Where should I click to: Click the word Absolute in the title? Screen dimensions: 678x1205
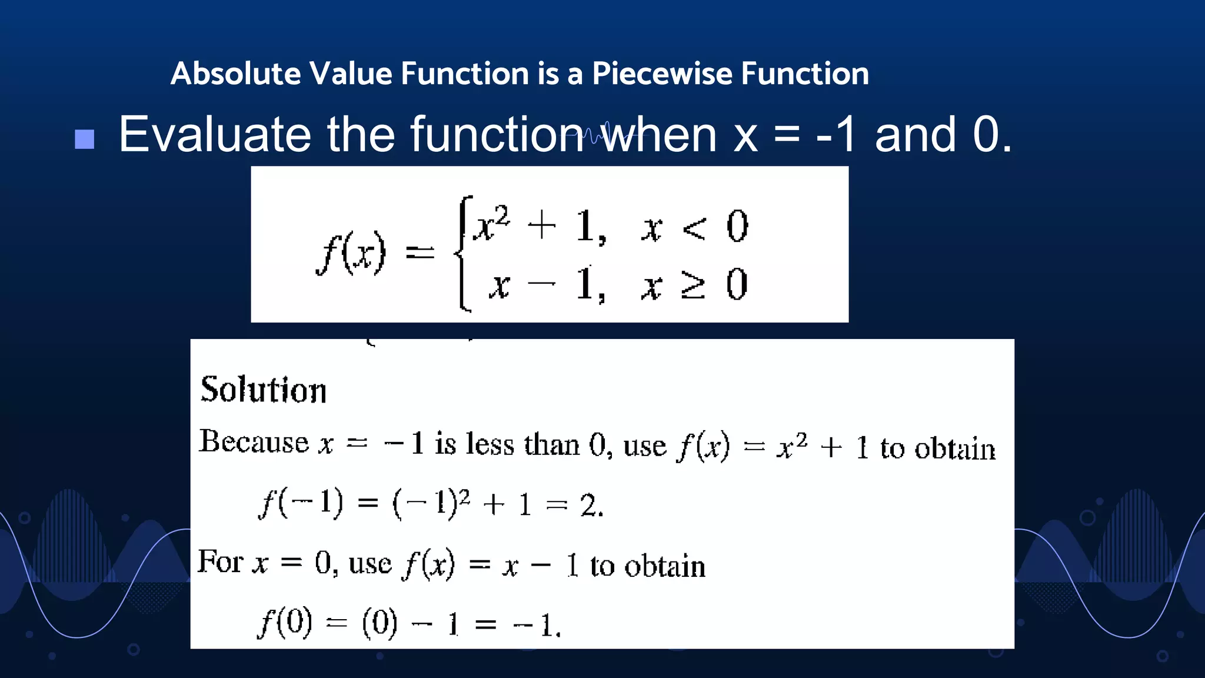click(x=236, y=74)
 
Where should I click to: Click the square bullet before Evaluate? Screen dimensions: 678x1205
click(x=85, y=139)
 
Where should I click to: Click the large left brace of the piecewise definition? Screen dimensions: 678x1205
click(x=464, y=253)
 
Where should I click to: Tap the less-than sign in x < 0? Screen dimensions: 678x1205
click(x=694, y=228)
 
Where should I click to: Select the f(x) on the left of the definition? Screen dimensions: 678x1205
click(x=351, y=254)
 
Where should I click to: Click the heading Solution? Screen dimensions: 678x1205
click(x=264, y=390)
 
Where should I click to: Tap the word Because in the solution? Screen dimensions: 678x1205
click(x=254, y=442)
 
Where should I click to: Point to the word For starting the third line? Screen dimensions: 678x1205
click(x=220, y=561)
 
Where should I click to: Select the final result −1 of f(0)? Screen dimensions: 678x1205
click(x=535, y=625)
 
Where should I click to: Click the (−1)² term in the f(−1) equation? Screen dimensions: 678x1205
click(x=431, y=504)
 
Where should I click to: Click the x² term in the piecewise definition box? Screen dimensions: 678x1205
click(x=492, y=224)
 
